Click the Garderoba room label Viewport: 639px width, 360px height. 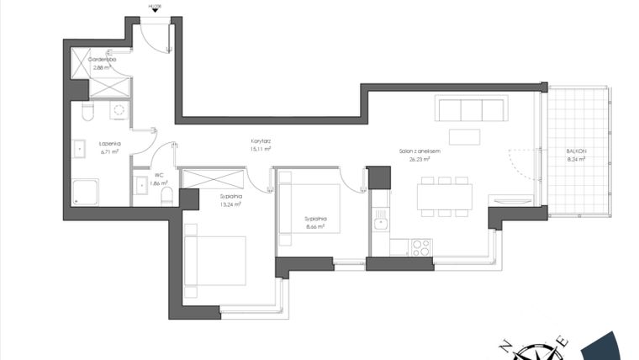click(102, 60)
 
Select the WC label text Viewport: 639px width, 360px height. click(158, 176)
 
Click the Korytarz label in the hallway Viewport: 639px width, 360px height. click(260, 140)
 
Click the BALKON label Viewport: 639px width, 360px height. click(578, 151)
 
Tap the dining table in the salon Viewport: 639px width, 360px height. click(444, 196)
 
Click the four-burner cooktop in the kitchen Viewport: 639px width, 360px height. click(420, 247)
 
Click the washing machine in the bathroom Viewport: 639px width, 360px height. click(119, 110)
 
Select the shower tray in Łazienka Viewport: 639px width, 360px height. click(86, 193)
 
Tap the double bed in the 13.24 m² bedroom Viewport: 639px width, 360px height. click(215, 262)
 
